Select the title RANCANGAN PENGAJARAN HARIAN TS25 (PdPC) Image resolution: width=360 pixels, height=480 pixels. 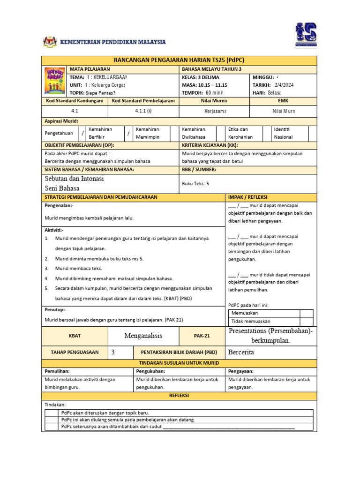[180, 60]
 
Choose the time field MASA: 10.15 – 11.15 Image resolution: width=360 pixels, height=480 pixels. [204, 85]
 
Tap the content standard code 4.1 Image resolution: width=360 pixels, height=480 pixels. [75, 111]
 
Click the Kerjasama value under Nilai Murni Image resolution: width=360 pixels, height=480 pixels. [215, 111]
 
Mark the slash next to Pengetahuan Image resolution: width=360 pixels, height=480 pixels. [82, 134]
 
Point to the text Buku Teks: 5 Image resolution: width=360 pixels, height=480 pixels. [195, 184]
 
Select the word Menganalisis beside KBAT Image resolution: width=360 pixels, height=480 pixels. [143, 336]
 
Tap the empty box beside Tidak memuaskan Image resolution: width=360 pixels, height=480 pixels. [306, 321]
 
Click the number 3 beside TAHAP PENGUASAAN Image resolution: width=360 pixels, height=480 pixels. [113, 352]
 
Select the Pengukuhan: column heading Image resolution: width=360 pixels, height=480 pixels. [150, 371]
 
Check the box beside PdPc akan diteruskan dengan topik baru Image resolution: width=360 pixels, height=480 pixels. [51, 413]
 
